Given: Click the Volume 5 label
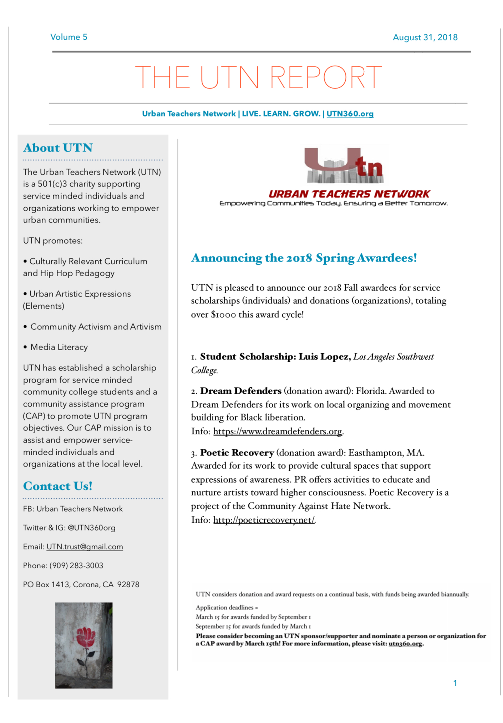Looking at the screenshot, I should click(68, 37).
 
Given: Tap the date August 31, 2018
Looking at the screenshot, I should click(425, 38).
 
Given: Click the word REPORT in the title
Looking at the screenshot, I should click(326, 77).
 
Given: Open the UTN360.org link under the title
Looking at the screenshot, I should click(350, 114).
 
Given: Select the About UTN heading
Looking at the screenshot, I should click(58, 148).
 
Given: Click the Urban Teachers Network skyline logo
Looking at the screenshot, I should click(344, 165).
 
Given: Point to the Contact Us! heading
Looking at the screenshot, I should click(58, 486).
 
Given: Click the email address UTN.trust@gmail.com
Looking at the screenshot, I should click(85, 547).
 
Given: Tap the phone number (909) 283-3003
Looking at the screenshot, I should click(76, 566).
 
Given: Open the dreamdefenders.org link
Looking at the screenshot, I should click(278, 432).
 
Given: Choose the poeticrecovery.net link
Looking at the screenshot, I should click(264, 520).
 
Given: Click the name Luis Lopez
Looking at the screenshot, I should click(323, 357).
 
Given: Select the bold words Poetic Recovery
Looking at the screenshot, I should click(237, 453).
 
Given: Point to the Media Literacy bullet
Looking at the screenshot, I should click(59, 347).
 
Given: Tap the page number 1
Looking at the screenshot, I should click(455, 683).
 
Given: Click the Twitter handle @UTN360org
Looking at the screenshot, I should click(91, 528).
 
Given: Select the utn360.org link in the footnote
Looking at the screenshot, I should click(405, 644).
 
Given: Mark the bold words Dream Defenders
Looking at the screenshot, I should click(241, 391).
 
